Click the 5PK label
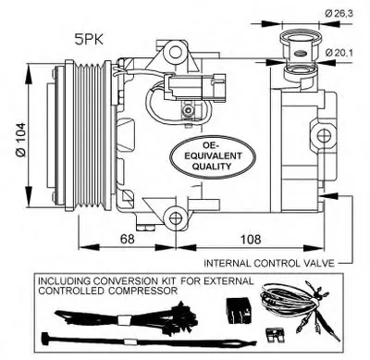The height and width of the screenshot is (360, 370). [89, 40]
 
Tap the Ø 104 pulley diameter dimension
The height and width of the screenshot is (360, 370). [21, 140]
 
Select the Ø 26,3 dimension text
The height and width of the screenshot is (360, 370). [339, 13]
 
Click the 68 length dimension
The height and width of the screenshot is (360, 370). [128, 239]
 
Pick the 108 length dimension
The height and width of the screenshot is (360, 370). [251, 239]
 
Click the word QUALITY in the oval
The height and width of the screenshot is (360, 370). [212, 167]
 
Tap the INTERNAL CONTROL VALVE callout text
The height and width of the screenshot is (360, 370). [269, 263]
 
